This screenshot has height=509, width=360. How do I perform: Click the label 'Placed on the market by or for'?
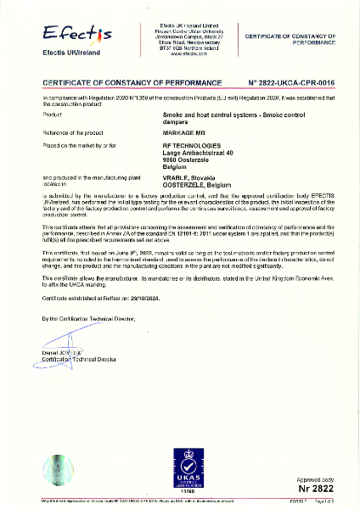[x=77, y=145]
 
